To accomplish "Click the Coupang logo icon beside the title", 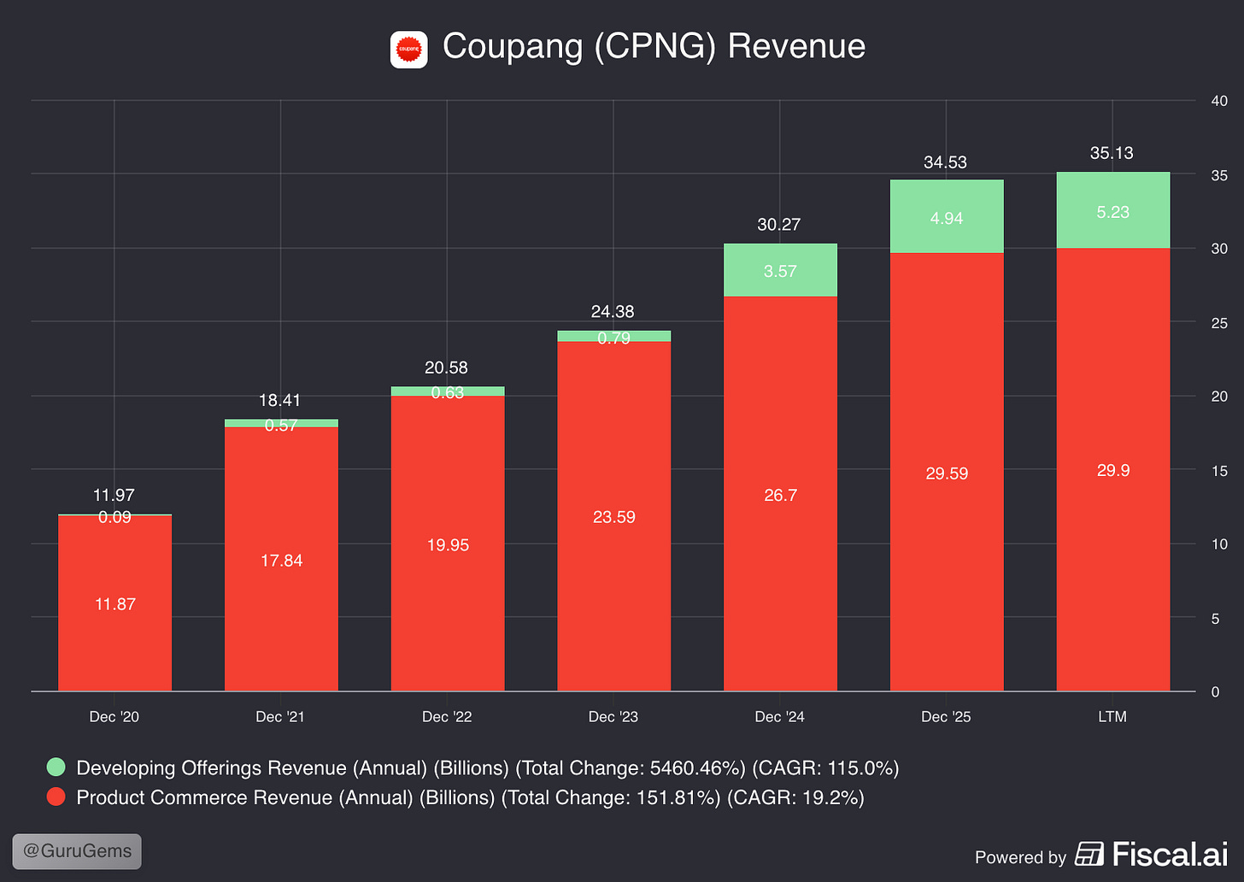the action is (408, 50).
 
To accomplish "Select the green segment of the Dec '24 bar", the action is (780, 270).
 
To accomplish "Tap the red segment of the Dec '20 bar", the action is (115, 603).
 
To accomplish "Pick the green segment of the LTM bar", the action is (1113, 210).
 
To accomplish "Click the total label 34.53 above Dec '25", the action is (945, 162).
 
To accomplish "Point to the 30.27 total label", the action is (779, 225).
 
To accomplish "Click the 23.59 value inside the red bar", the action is (613, 517).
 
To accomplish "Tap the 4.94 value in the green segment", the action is (947, 218).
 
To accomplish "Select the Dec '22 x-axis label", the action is (447, 716).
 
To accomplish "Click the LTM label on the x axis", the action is (1112, 716).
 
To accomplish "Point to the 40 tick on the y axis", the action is (1219, 101).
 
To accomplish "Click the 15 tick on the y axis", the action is (1219, 471).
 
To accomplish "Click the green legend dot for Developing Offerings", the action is (56, 767).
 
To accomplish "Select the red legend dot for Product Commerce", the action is (56, 797).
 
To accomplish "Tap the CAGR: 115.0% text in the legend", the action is (825, 767).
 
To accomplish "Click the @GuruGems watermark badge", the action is (77, 851).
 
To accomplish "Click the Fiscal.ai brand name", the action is (1171, 854).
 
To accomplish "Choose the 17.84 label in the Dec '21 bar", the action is (282, 561).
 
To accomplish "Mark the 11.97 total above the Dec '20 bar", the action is (114, 495).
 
